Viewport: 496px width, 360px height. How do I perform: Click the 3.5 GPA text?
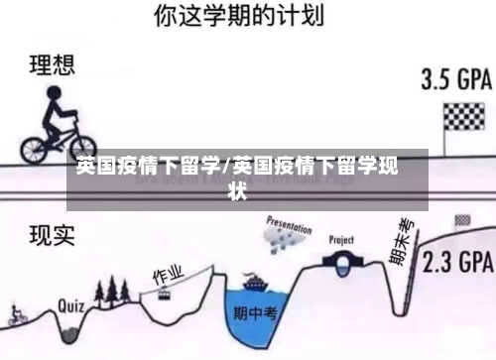coord(456,78)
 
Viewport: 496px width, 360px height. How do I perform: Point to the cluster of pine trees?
coord(113,289)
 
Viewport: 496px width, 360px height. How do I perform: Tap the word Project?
coord(342,240)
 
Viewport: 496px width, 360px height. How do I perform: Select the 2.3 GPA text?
coord(457,263)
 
